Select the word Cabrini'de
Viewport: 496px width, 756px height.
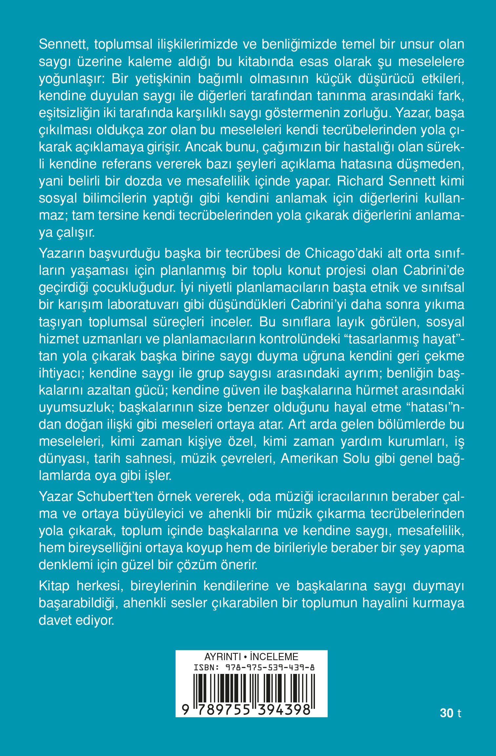(x=434, y=270)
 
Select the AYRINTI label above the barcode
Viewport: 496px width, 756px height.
(x=222, y=657)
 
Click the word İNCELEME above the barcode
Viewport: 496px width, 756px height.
(x=274, y=657)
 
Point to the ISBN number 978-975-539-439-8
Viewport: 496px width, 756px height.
(x=270, y=667)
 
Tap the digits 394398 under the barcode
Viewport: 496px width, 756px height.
(x=284, y=710)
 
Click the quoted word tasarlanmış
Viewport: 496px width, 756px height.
(x=384, y=339)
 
